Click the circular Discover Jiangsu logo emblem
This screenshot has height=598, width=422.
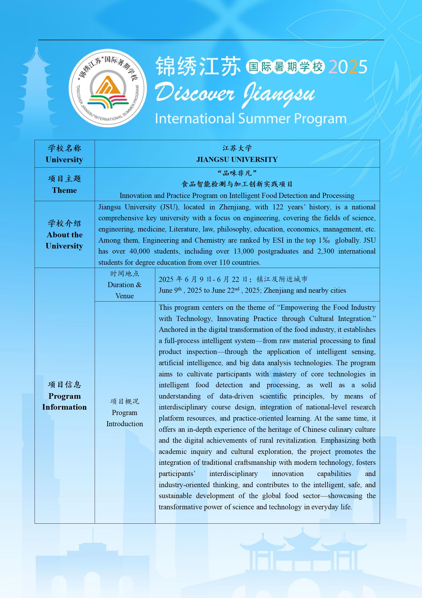(108, 88)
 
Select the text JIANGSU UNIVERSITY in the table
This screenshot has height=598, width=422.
(237, 160)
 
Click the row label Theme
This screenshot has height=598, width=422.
(64, 190)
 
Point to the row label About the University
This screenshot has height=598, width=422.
(64, 240)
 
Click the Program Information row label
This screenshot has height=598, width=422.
(64, 401)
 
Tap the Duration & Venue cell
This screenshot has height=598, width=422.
(124, 285)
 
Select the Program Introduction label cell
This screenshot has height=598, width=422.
(124, 418)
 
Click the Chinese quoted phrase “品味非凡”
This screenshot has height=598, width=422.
(237, 173)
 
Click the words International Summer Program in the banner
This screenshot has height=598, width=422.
(250, 119)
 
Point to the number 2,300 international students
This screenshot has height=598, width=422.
(325, 251)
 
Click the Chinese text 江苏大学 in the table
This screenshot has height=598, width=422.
(237, 148)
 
